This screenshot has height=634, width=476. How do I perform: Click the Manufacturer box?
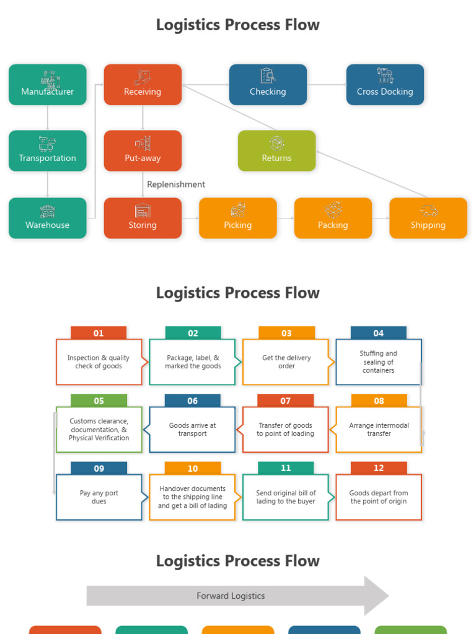pos(48,85)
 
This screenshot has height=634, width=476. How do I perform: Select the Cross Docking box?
pos(385,85)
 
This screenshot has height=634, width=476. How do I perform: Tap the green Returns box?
pos(276,150)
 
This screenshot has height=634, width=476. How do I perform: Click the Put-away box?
pos(143,150)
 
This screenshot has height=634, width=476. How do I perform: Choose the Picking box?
pos(238,218)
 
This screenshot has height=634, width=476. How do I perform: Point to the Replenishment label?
pos(176,185)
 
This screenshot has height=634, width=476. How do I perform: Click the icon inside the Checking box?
pos(268,76)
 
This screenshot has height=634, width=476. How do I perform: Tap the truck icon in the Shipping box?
pos(428,211)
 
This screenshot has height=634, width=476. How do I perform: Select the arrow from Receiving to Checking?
pos(205,85)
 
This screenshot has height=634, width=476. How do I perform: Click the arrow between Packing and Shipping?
pos(381,218)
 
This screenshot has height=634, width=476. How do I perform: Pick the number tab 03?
pos(286,333)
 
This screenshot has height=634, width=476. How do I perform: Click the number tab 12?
pos(379,468)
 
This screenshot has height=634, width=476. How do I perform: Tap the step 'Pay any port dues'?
pos(99,497)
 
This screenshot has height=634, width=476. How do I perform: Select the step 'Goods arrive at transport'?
pos(192,430)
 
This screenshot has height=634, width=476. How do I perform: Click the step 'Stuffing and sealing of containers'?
pos(379,362)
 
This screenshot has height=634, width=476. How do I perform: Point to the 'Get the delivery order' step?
pos(286,362)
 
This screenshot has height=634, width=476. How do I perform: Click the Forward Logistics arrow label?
pos(231,596)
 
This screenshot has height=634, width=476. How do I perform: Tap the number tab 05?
pos(99,401)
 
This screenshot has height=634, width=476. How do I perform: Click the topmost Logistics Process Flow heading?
pos(238,25)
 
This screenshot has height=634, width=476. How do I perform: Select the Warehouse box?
pos(48,218)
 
